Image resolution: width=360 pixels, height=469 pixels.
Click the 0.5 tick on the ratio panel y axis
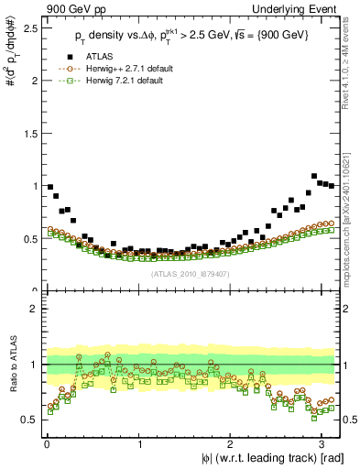click(x=30, y=420)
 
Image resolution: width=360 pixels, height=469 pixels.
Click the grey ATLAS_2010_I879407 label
click(x=191, y=272)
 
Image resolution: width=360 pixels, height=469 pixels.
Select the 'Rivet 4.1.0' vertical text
click(x=351, y=64)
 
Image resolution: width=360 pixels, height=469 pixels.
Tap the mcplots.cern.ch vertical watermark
click(x=351, y=211)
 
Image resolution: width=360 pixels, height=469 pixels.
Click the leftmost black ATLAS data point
click(x=50, y=187)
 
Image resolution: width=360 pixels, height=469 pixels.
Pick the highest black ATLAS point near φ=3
click(x=314, y=176)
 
